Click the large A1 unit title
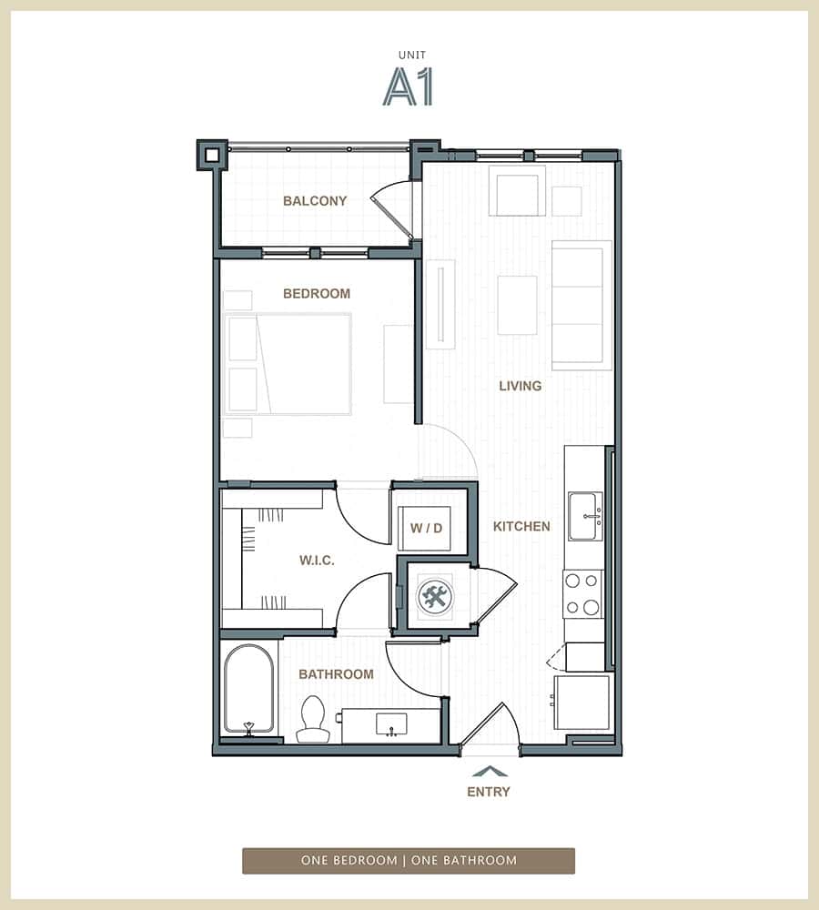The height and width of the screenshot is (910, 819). (x=408, y=86)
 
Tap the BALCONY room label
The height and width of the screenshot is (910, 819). (x=315, y=201)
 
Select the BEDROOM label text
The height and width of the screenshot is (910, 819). (x=317, y=294)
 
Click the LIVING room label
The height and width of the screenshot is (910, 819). (x=521, y=386)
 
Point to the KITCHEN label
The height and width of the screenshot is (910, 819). (x=521, y=526)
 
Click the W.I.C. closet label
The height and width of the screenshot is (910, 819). (x=317, y=561)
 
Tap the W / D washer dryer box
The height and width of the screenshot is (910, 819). (x=426, y=529)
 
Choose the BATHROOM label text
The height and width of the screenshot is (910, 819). (x=337, y=674)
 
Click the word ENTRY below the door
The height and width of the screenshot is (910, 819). (x=489, y=792)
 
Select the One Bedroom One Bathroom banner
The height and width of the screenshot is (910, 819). (x=409, y=860)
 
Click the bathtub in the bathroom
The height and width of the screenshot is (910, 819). (x=249, y=688)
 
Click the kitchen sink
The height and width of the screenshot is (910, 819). (x=585, y=517)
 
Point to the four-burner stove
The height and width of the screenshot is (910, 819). (x=582, y=593)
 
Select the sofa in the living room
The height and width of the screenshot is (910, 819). (x=581, y=305)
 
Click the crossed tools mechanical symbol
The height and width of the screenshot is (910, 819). (x=434, y=597)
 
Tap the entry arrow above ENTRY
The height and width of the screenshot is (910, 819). (x=490, y=772)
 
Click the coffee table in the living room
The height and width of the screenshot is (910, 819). (x=517, y=305)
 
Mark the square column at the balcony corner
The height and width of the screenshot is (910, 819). (x=211, y=156)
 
